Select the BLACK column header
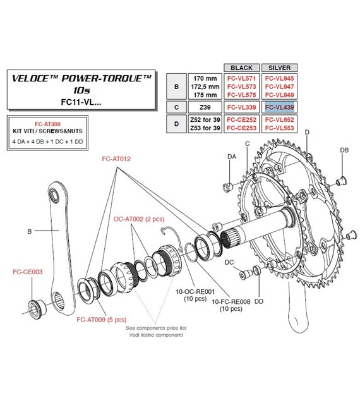pyautogui.click(x=242, y=66)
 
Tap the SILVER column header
pyautogui.click(x=279, y=66)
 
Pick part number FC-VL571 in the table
pyautogui.click(x=242, y=78)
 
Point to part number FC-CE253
pyautogui.click(x=242, y=129)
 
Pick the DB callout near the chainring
pyautogui.click(x=344, y=150)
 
